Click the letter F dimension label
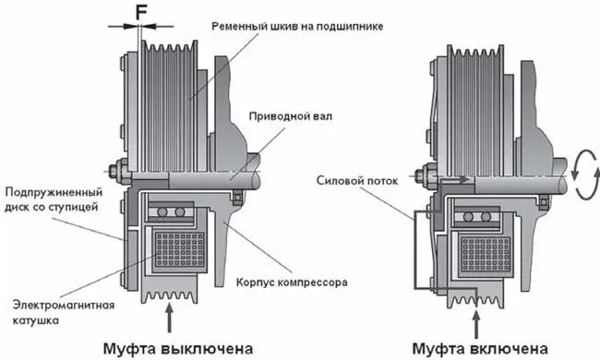(x=141, y=13)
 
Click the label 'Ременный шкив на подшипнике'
(x=297, y=27)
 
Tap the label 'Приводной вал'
(x=291, y=116)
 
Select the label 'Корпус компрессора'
(x=292, y=282)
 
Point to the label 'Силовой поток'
(x=357, y=181)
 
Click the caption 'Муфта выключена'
(x=178, y=349)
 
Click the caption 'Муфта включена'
(x=480, y=349)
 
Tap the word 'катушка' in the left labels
(x=36, y=319)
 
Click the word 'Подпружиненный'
(x=54, y=192)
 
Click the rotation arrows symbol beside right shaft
(x=584, y=174)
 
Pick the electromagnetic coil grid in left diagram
(x=180, y=250)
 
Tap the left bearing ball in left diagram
(x=162, y=211)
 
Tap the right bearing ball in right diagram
(x=486, y=217)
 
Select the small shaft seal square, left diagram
(x=238, y=197)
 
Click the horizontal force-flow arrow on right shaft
(x=452, y=179)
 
